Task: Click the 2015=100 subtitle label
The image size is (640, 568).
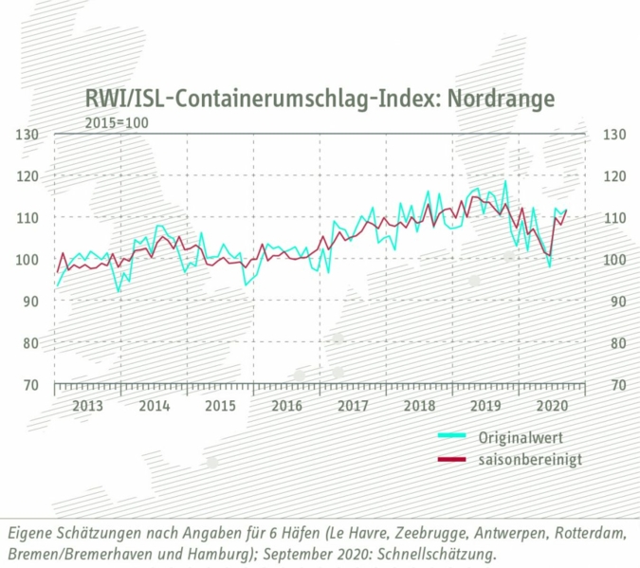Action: pyautogui.click(x=117, y=122)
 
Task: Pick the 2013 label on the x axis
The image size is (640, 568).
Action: pyautogui.click(x=87, y=406)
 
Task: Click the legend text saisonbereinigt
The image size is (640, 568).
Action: pyautogui.click(x=530, y=459)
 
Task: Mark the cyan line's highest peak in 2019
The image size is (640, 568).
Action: pyautogui.click(x=505, y=182)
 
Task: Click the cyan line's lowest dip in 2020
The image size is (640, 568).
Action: pyautogui.click(x=550, y=266)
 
